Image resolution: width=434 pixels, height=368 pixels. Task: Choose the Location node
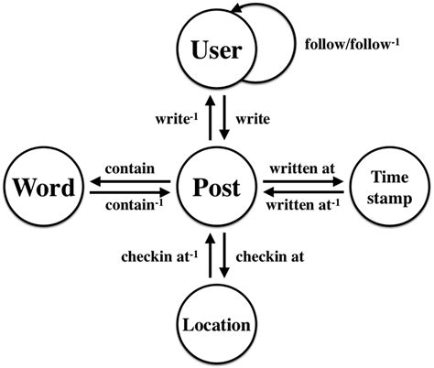coord(216,323)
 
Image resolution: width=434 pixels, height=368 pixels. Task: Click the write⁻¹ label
coord(176,118)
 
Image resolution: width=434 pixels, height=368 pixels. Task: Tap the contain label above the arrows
coord(127,168)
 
